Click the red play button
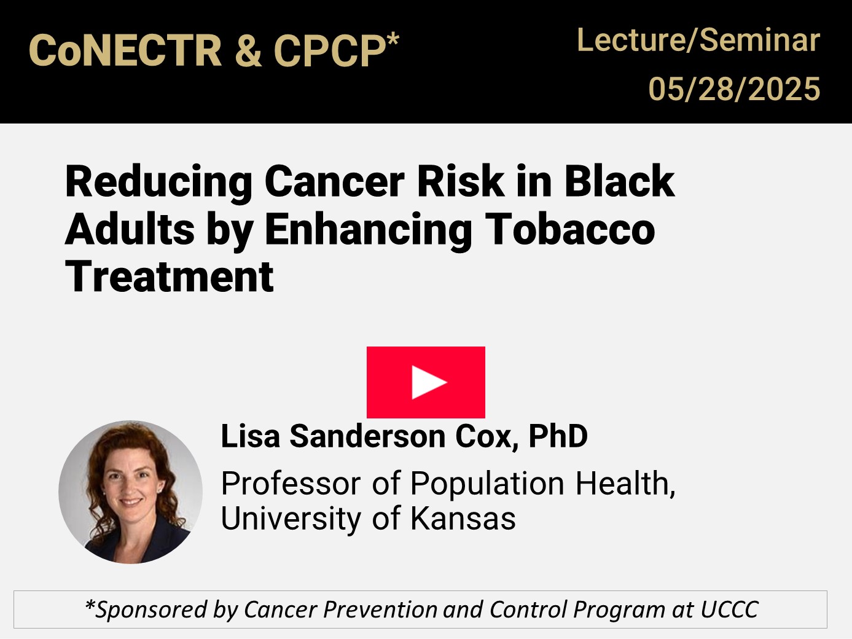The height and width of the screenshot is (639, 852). click(x=426, y=382)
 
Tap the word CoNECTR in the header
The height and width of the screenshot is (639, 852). click(x=125, y=51)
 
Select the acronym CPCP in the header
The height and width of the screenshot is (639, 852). click(x=329, y=51)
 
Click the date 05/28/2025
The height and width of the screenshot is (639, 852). click(x=734, y=89)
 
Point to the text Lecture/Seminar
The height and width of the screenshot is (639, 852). click(x=698, y=41)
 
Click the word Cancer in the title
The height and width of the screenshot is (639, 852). click(x=335, y=182)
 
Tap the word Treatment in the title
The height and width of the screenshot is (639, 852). click(x=170, y=276)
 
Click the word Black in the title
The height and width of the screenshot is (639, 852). click(x=619, y=182)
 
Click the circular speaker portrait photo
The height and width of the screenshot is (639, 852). click(x=131, y=492)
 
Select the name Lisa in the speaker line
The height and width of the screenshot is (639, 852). click(x=251, y=436)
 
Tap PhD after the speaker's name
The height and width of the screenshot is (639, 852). click(x=558, y=436)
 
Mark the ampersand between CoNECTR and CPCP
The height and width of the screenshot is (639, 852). click(x=248, y=51)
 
